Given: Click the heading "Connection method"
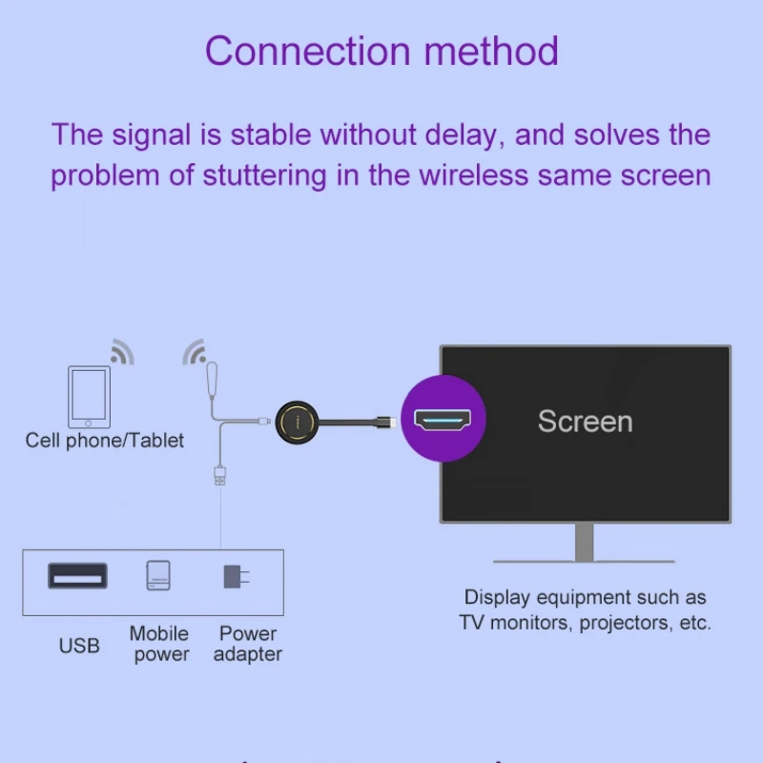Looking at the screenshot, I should (381, 51).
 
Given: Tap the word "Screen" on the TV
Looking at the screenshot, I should (585, 421).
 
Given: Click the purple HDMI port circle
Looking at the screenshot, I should (443, 418).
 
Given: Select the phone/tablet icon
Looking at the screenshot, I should (89, 396).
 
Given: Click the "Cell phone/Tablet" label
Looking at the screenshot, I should (105, 441).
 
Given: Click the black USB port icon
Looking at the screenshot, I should (77, 576).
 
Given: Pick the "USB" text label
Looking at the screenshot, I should (79, 646).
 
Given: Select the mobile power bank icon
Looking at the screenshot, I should (159, 576).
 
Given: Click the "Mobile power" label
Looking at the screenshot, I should (159, 644).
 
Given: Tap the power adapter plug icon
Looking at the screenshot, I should (233, 576).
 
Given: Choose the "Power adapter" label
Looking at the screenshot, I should (248, 644).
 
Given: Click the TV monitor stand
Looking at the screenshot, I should (585, 545).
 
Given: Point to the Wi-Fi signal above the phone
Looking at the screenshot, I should (121, 352).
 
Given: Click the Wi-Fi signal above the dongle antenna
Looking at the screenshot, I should (196, 352).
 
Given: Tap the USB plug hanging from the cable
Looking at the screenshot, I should (220, 475).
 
